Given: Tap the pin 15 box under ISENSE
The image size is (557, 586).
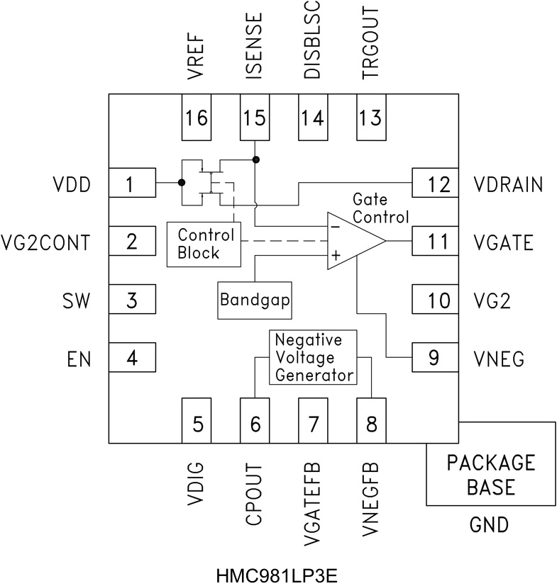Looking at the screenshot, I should pyautogui.click(x=254, y=115).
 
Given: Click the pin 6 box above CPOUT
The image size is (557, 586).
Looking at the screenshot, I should pyautogui.click(x=255, y=422).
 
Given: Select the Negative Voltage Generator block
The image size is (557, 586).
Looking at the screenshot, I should pyautogui.click(x=313, y=357).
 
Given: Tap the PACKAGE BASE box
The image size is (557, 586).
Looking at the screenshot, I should pyautogui.click(x=490, y=474).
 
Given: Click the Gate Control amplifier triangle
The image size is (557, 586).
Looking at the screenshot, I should pyautogui.click(x=351, y=241).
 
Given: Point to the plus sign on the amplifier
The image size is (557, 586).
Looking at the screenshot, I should pyautogui.click(x=335, y=255).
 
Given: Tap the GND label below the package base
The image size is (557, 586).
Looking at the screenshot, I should pyautogui.click(x=490, y=525).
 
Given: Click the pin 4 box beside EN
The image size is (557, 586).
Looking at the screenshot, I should pyautogui.click(x=131, y=359).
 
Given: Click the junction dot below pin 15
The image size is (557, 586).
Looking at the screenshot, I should pyautogui.click(x=255, y=159).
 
